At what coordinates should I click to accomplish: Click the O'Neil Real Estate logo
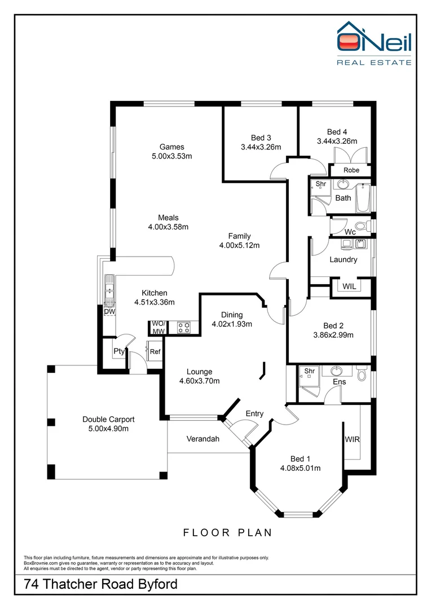[373, 43]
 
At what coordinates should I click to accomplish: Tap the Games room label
[171, 147]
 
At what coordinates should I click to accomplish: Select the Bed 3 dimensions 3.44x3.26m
[261, 147]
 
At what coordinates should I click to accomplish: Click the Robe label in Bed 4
[351, 170]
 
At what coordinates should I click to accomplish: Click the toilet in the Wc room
[368, 227]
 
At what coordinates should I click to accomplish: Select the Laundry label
[343, 259]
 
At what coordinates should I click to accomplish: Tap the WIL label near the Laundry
[349, 286]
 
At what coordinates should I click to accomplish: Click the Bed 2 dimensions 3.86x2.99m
[333, 335]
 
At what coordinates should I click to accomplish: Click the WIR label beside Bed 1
[353, 439]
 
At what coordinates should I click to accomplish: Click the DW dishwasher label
[108, 312]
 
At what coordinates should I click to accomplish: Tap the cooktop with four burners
[183, 328]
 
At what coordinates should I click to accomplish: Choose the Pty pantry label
[118, 351]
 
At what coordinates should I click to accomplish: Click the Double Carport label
[108, 419]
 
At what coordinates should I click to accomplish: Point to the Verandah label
[203, 439]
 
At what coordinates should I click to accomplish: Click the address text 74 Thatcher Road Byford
[100, 584]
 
